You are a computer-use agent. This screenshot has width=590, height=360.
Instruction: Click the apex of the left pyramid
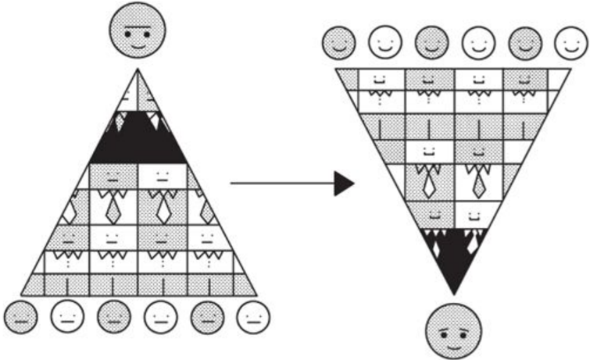[138, 71]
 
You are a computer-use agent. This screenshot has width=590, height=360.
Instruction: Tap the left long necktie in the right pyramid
[430, 184]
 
